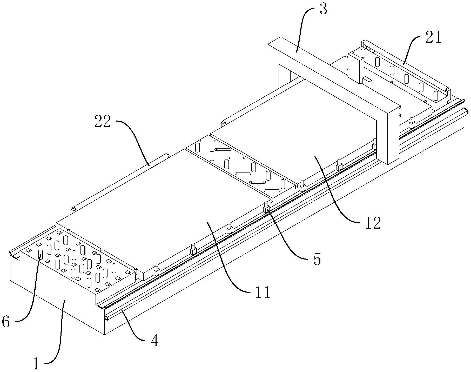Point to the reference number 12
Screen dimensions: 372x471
[373, 223]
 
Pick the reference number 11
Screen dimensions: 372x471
[263, 293]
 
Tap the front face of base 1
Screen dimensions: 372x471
[57, 307]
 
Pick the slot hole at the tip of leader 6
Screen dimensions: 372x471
[41, 254]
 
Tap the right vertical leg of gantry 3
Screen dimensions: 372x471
[393, 138]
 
